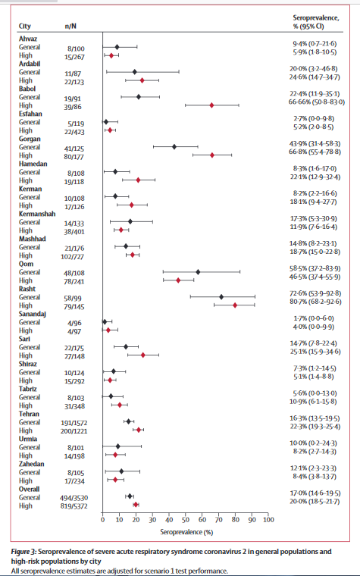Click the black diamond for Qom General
pyautogui.click(x=198, y=271)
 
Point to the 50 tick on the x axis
pyautogui.click(x=186, y=518)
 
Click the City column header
pyautogui.click(x=24, y=26)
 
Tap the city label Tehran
pyautogui.click(x=29, y=413)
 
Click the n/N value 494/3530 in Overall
pyautogui.click(x=74, y=496)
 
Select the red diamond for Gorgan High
pyautogui.click(x=212, y=155)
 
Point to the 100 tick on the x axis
pyautogui.click(x=268, y=518)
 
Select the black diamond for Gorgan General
pyautogui.click(x=175, y=146)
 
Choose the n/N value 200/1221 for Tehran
pyautogui.click(x=74, y=430)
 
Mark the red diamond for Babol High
pyautogui.click(x=211, y=106)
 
